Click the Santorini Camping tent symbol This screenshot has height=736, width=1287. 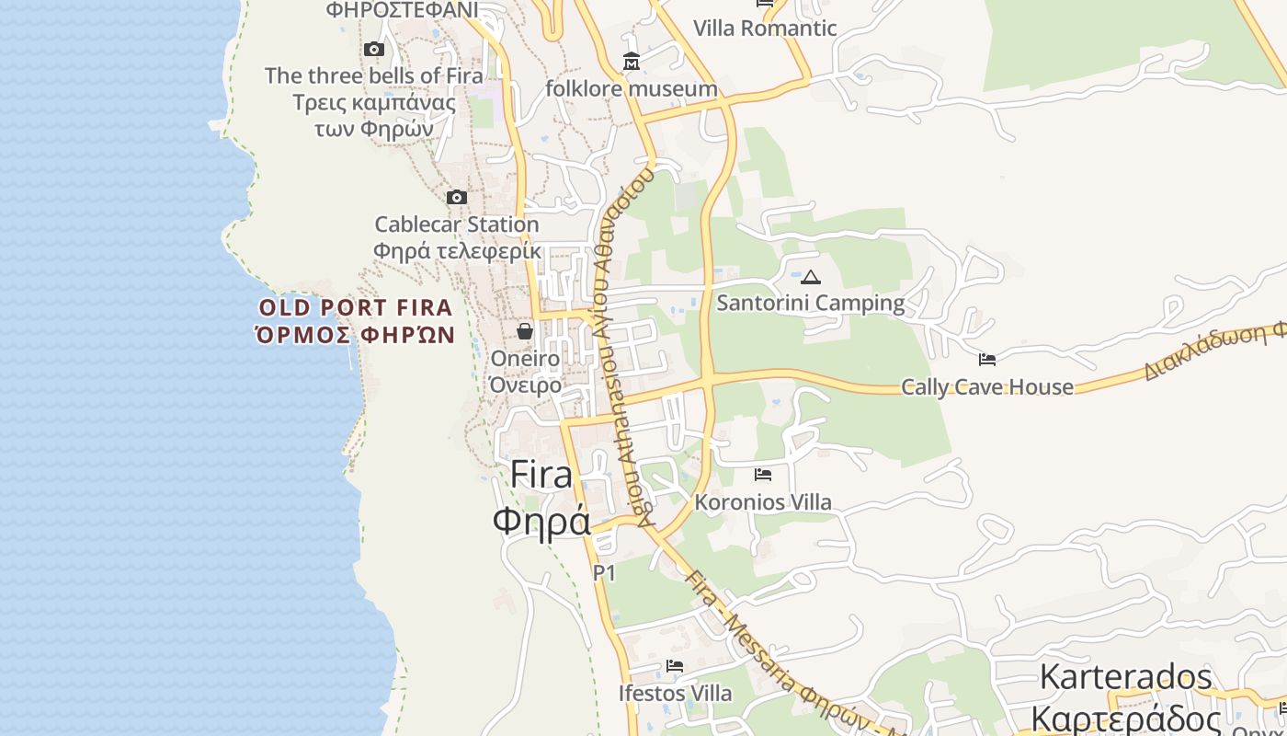(810, 276)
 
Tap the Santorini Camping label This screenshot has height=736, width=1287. (810, 303)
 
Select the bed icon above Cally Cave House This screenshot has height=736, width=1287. (987, 360)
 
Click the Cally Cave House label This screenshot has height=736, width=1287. (987, 387)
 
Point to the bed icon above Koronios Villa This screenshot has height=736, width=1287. (763, 475)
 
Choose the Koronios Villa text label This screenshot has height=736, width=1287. (763, 502)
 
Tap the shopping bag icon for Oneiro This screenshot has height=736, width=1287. (525, 331)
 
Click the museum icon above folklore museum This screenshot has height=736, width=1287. (632, 62)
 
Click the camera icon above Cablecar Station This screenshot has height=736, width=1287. (456, 197)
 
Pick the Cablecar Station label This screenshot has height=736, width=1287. (457, 224)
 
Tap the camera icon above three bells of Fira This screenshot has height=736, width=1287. (373, 49)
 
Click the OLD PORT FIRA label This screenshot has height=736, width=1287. (356, 307)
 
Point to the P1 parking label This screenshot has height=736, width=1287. (604, 573)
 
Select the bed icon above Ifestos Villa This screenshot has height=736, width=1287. (675, 666)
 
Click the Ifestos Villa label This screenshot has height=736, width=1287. (675, 693)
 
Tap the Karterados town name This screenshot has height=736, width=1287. (1126, 678)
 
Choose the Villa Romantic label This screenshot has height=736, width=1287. (765, 29)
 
